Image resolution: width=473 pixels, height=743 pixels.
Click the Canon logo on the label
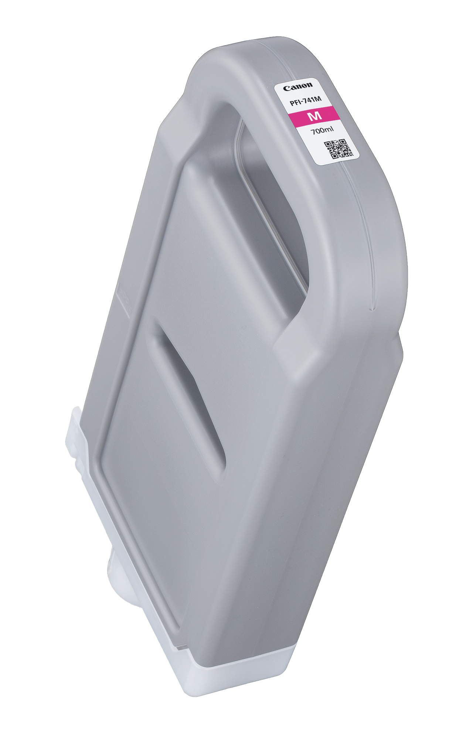tap(298, 87)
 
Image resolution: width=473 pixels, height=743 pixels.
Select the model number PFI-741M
tap(306, 100)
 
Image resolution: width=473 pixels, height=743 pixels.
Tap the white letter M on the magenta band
tap(315, 116)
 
